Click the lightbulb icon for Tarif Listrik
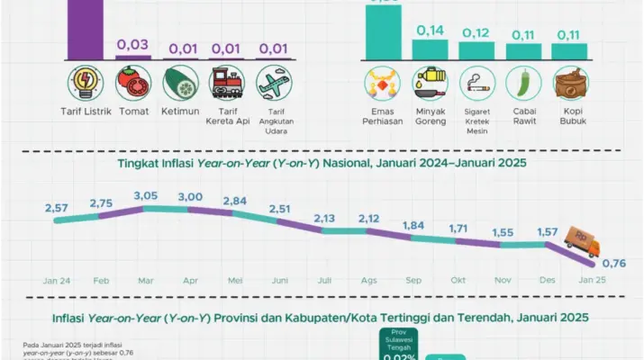tap(87, 84)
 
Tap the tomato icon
tap(134, 84)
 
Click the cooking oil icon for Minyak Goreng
tap(431, 84)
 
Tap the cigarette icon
tap(478, 84)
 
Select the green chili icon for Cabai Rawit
tap(525, 84)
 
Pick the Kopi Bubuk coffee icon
tap(571, 84)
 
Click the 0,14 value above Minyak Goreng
tap(430, 31)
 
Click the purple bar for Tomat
tap(134, 57)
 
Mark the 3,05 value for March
tap(145, 195)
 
